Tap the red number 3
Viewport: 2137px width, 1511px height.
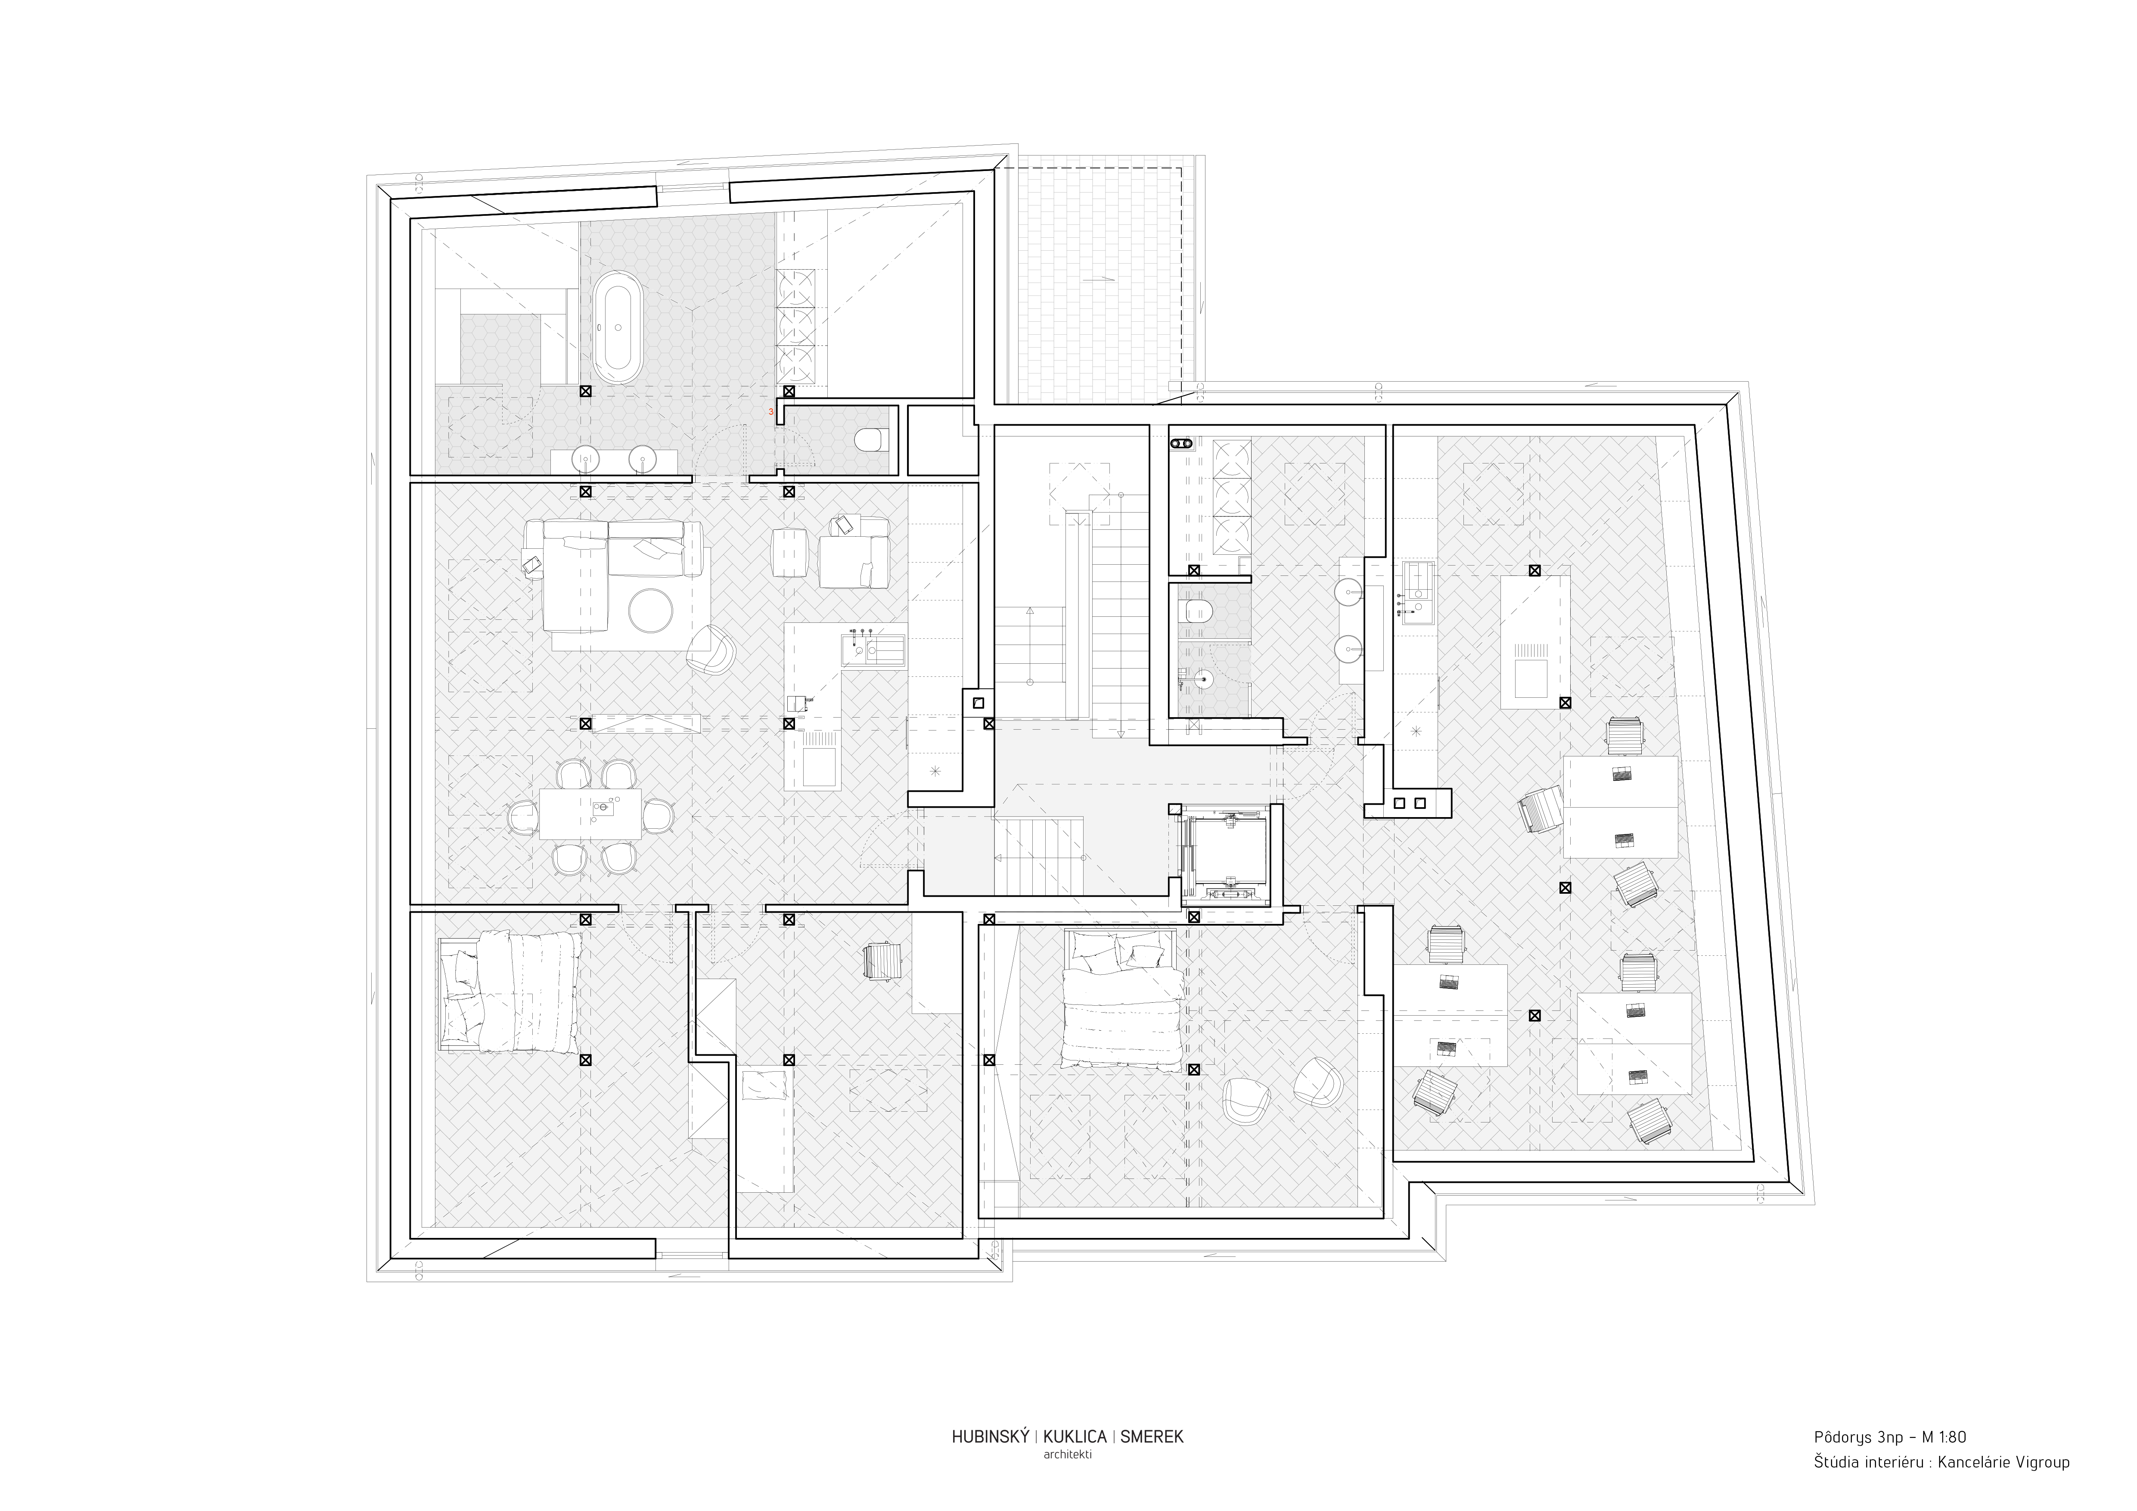pos(770,410)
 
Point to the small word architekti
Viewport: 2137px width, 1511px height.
pos(1068,1454)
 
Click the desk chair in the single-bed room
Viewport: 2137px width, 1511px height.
pos(883,960)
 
